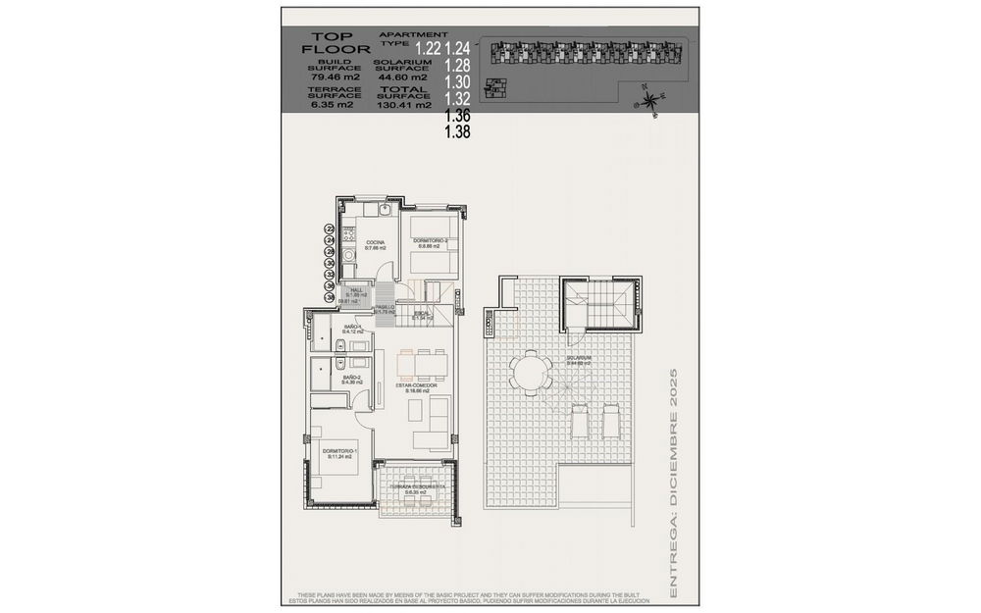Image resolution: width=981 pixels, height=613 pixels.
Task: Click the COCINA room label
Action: click(x=375, y=242)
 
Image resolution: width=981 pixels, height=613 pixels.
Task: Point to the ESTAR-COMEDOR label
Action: click(x=416, y=385)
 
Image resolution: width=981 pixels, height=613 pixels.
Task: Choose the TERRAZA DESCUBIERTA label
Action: click(x=417, y=486)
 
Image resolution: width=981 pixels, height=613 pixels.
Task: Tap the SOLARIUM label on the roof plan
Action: click(x=579, y=358)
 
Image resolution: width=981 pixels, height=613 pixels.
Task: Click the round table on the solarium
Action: click(x=530, y=374)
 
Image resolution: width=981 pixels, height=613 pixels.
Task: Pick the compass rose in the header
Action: click(x=647, y=98)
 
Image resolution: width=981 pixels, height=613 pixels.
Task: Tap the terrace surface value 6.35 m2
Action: click(x=324, y=104)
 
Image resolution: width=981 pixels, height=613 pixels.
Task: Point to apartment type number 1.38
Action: click(x=457, y=131)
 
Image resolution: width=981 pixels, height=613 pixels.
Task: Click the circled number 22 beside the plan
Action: click(x=330, y=229)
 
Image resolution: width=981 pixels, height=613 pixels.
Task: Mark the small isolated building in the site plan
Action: click(x=499, y=87)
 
